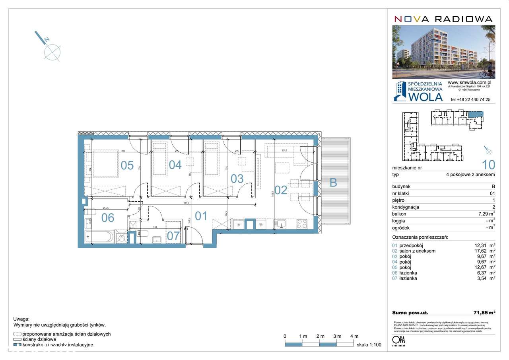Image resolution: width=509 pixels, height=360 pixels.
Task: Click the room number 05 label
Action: pyautogui.click(x=127, y=165)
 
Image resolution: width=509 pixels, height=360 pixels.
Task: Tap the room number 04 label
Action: pyautogui.click(x=175, y=165)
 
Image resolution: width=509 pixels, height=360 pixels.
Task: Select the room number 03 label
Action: pyautogui.click(x=237, y=179)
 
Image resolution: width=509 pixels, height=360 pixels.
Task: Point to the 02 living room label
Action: pyautogui.click(x=281, y=190)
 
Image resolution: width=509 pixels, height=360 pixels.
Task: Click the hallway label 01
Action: pyautogui.click(x=201, y=216)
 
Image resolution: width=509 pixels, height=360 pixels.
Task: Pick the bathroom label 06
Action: pyautogui.click(x=108, y=218)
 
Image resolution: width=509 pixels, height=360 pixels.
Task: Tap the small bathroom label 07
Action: pyautogui.click(x=173, y=236)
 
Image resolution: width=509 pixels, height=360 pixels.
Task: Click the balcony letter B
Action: pyautogui.click(x=333, y=183)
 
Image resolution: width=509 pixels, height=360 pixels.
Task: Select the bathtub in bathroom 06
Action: pyautogui.click(x=100, y=237)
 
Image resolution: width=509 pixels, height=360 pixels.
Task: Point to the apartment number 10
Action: pyautogui.click(x=488, y=164)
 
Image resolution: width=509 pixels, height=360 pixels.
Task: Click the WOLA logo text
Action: pyautogui.click(x=425, y=97)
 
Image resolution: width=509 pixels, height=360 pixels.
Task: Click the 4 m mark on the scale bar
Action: pyautogui.click(x=354, y=337)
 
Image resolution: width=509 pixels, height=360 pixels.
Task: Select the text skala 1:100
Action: pyautogui.click(x=369, y=345)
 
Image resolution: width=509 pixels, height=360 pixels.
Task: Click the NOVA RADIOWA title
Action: pyautogui.click(x=443, y=19)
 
